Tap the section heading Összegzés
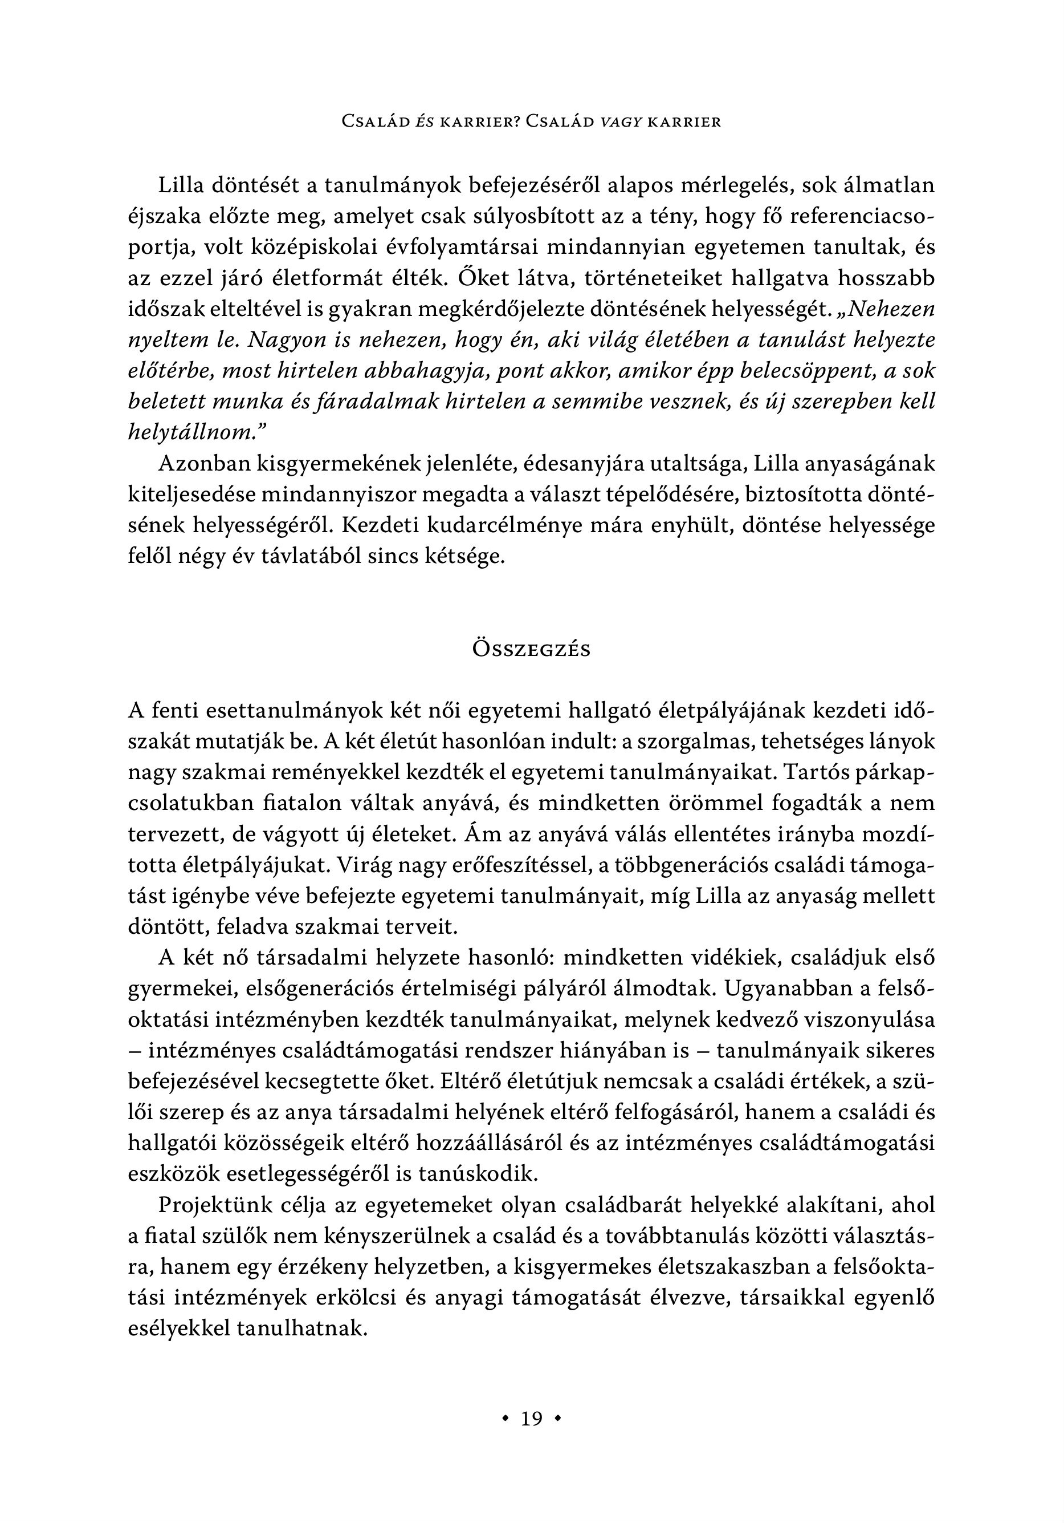pos(532,649)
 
